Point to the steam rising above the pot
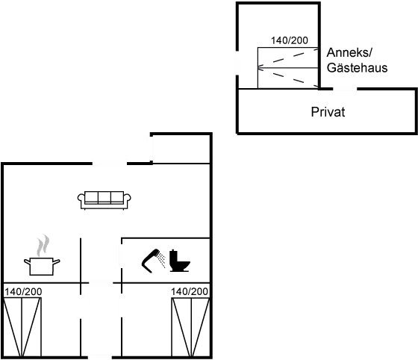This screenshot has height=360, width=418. point(43,243)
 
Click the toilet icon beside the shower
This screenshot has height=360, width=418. point(181,261)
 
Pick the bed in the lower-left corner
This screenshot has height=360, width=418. point(22,326)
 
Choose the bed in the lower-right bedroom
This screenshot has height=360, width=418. point(189,326)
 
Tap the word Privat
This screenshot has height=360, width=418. point(328,112)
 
